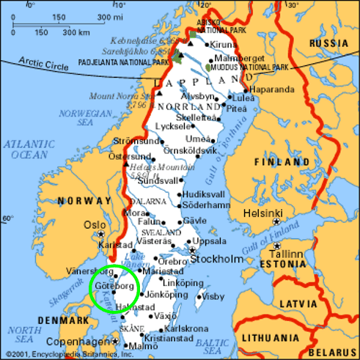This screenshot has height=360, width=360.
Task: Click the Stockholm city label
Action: tap(220, 259)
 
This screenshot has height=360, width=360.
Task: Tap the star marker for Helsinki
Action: tap(277, 221)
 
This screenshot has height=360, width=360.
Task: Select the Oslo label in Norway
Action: tap(95, 225)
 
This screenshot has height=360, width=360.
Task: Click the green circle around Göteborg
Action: tap(114, 288)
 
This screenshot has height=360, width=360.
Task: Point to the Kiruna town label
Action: tap(224, 44)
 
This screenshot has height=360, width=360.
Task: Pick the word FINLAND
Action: tap(282, 162)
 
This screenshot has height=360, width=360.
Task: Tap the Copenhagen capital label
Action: tap(76, 342)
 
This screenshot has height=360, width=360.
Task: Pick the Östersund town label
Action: tap(129, 156)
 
